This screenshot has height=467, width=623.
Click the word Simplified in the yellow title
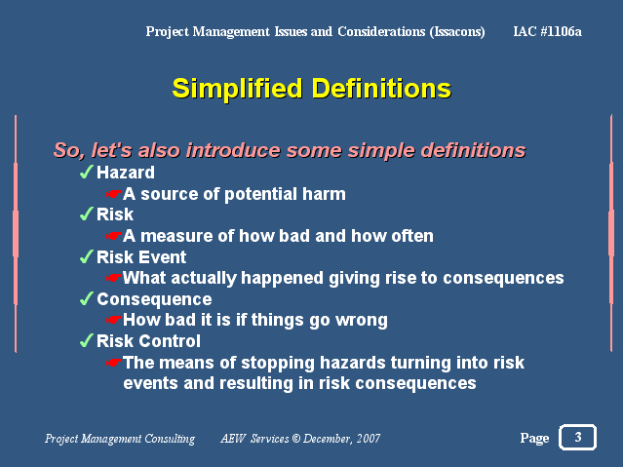click(x=237, y=89)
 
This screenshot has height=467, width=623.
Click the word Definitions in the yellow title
click(x=381, y=88)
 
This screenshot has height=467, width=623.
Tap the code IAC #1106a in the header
click(x=547, y=31)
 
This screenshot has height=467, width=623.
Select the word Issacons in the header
click(x=457, y=32)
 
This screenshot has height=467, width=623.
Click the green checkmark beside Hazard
click(x=87, y=172)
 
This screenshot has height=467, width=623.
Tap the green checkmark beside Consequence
click(x=87, y=298)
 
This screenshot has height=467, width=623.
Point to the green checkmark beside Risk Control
click(x=87, y=340)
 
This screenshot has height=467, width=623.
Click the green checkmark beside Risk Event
click(x=87, y=256)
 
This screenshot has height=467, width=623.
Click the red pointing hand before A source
click(x=114, y=194)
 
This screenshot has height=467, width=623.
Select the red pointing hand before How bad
click(x=114, y=320)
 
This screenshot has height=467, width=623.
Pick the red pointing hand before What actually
click(x=114, y=278)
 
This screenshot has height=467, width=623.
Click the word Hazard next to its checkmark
click(x=126, y=173)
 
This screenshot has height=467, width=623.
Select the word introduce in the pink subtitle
click(x=233, y=150)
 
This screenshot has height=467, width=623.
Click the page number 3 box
click(x=578, y=437)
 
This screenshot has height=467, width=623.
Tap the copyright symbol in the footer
click(x=296, y=439)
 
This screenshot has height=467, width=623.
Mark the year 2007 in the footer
click(x=369, y=439)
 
